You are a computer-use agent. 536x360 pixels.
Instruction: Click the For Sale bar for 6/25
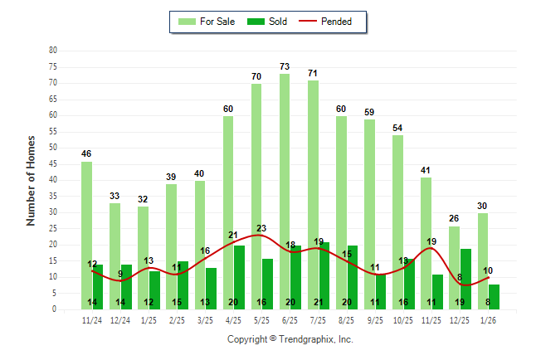pos(285,191)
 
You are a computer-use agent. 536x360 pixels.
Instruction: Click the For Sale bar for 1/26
pos(482,260)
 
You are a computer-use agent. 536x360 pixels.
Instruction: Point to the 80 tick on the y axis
pos(53,51)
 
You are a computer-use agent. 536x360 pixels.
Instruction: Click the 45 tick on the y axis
pos(53,163)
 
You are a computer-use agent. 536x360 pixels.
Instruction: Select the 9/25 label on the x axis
pos(374,319)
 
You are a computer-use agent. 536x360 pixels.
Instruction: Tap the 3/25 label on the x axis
pos(205,319)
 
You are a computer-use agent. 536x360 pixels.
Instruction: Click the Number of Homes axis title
pos(31,180)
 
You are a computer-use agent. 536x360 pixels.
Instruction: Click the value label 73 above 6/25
pos(285,66)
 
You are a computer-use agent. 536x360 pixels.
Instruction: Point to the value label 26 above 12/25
pos(454,218)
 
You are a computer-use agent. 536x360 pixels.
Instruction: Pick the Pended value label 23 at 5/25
pos(262,228)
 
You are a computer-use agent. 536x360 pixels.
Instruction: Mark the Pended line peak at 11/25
pos(431,248)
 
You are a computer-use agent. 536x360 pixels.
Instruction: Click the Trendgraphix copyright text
pos(290,339)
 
